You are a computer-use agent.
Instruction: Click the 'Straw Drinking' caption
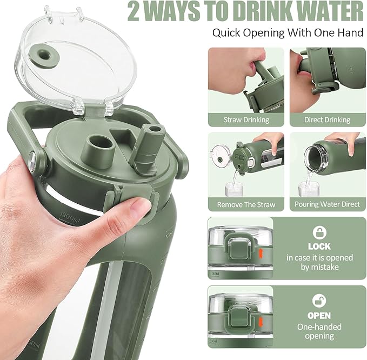point(246,120)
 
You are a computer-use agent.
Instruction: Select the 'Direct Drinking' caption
point(327,120)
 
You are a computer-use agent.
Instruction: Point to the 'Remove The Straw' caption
point(246,204)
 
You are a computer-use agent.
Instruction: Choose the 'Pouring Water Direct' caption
point(327,204)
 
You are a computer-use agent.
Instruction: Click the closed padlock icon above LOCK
point(319,232)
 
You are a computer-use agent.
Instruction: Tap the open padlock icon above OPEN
point(319,301)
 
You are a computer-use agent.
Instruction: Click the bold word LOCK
point(319,246)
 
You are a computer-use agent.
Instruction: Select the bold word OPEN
point(319,316)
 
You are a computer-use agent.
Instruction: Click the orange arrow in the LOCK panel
point(261,254)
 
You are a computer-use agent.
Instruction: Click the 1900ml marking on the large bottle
point(70,215)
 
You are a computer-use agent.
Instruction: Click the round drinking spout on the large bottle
point(101,151)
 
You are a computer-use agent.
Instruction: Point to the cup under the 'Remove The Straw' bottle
point(234,189)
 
